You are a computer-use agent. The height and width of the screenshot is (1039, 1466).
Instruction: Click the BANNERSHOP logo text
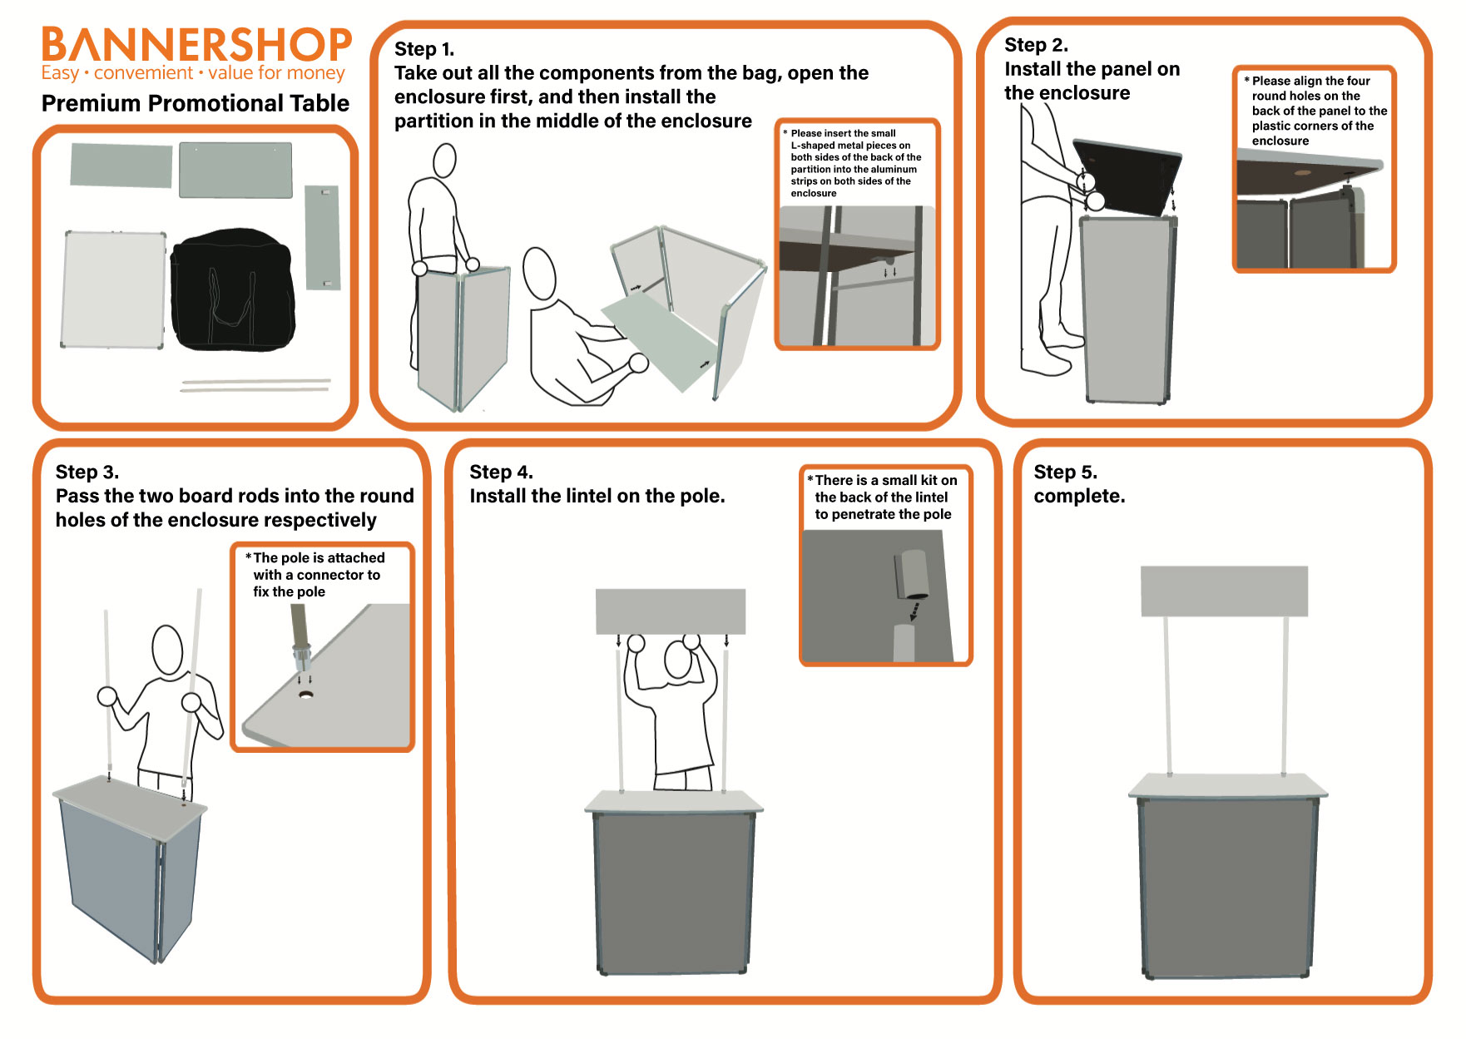196,45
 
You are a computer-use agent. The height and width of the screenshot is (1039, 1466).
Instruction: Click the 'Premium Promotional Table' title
196,103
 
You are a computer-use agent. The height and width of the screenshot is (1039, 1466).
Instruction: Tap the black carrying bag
233,289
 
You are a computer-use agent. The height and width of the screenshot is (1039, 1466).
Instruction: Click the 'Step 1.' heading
424,49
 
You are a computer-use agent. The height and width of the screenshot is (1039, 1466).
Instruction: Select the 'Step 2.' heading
1036,45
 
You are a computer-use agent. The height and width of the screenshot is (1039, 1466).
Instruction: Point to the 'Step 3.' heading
87,472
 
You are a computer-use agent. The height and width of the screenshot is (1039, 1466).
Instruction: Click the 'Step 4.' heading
501,472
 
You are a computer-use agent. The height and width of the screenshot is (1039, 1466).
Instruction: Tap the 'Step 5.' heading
1065,472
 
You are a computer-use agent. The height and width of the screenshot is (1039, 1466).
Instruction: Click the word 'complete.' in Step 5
1079,497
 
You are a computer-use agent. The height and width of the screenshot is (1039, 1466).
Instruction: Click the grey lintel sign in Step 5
1224,591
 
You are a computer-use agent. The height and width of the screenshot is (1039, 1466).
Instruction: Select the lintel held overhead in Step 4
671,611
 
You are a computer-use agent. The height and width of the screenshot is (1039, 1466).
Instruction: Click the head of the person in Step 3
167,650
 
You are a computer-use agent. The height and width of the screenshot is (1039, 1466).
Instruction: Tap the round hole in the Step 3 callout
306,694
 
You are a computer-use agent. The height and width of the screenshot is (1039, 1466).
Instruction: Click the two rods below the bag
256,385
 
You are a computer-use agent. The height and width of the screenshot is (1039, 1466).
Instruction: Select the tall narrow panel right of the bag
322,238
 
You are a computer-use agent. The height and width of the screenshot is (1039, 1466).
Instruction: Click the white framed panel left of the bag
114,289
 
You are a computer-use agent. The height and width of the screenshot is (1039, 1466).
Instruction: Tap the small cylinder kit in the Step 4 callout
912,574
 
